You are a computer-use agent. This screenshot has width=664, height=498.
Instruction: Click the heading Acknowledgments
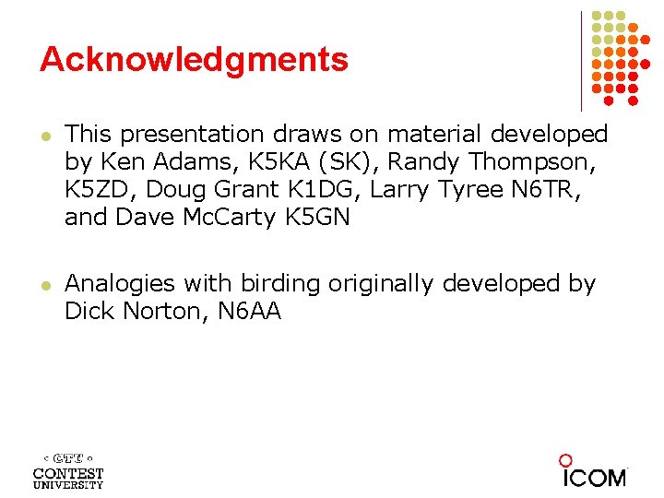pos(194,60)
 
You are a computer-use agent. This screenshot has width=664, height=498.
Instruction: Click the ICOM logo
pos(593,471)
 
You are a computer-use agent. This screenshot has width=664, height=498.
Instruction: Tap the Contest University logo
pos(68,469)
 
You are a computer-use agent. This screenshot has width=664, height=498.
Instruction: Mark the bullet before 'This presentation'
pos(44,136)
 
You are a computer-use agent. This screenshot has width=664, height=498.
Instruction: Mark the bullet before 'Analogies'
pos(44,285)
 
